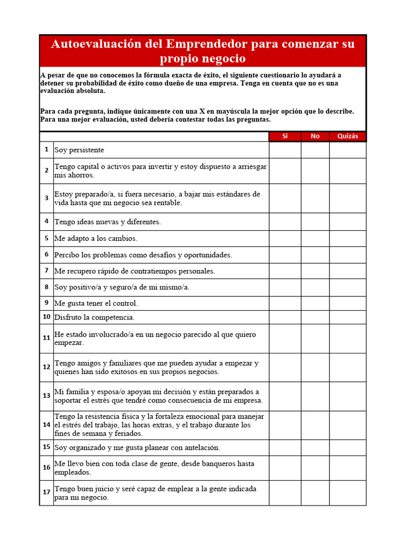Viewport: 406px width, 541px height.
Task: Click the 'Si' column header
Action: pos(285,136)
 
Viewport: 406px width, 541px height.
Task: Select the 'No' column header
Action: pos(315,136)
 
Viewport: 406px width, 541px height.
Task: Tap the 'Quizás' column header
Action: pos(347,136)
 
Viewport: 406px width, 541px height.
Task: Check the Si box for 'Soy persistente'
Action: pos(285,150)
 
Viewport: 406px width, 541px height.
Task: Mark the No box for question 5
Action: pos(315,238)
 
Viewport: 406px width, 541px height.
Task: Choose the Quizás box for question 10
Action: pos(347,317)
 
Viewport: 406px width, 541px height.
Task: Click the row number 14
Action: pos(47,425)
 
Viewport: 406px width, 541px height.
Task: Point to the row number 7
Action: pos(47,270)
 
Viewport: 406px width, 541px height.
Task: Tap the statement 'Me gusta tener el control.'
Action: pos(96,303)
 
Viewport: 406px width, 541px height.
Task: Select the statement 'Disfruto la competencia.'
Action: pos(94,318)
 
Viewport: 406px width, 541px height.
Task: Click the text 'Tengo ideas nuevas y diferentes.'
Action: pos(107,222)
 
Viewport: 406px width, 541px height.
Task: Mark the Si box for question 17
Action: pos(285,492)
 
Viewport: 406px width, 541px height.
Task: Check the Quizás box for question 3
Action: pos(347,198)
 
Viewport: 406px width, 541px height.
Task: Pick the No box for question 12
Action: pos(315,367)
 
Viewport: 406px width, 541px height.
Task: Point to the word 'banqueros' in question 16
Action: pos(207,464)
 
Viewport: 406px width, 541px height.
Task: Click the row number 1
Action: pos(47,150)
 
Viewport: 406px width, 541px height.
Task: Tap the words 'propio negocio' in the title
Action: pos(202,58)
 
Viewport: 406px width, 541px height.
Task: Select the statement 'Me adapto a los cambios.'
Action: pos(96,238)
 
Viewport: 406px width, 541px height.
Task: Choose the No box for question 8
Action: pos(315,287)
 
